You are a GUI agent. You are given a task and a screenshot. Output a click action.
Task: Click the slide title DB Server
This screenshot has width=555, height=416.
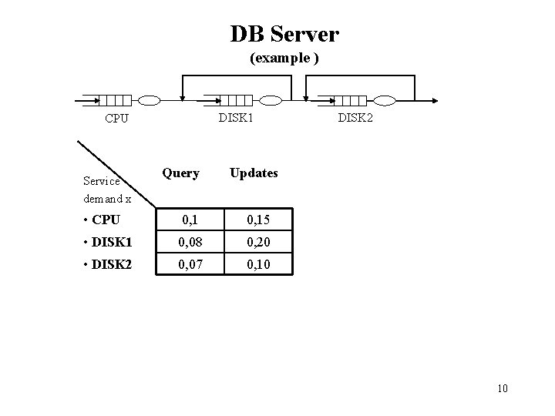pos(284,34)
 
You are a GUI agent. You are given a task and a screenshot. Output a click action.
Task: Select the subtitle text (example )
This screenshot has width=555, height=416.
pos(284,59)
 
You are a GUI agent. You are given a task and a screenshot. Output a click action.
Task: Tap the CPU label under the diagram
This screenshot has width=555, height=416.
pos(116,119)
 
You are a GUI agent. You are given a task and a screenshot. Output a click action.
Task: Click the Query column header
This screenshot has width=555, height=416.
pos(181,173)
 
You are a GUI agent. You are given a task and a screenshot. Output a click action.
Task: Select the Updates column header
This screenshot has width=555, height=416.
pos(254,173)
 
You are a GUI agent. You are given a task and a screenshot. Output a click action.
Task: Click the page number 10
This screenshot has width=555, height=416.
pos(503,387)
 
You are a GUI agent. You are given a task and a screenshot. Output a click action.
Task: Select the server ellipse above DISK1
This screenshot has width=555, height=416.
pos(271,100)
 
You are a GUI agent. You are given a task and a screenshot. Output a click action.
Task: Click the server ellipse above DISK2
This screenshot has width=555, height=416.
pos(383,100)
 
